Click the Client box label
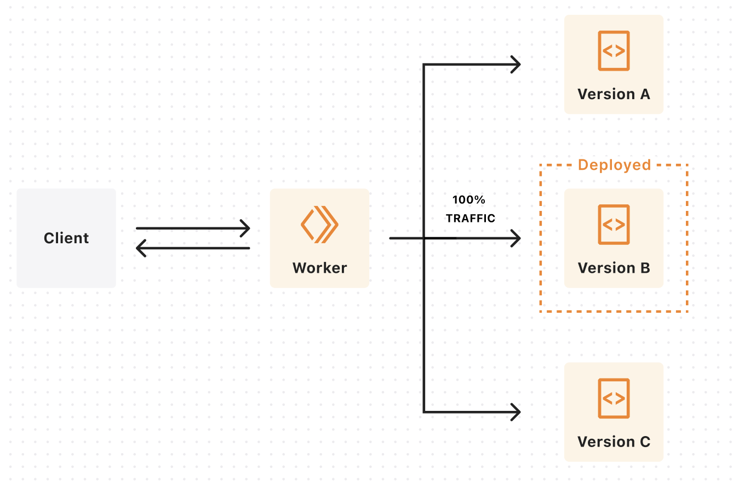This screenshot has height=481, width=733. (66, 238)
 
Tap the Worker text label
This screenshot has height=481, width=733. (319, 268)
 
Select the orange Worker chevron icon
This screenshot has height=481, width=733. (319, 224)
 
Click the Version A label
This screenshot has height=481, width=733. (614, 94)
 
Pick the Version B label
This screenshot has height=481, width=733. (614, 268)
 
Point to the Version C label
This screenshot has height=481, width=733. (614, 442)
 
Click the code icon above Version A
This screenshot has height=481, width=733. (614, 51)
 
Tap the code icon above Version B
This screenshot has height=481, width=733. (614, 225)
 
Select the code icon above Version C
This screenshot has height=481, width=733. (614, 398)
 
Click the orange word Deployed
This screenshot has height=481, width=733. (614, 165)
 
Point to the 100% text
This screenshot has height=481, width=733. (469, 200)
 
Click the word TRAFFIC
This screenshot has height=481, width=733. (471, 219)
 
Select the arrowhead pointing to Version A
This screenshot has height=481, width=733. (516, 65)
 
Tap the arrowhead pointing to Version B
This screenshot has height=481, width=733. (516, 238)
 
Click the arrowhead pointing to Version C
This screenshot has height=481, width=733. (516, 412)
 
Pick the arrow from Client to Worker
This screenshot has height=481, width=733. (192, 228)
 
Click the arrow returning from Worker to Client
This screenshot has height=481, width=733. (194, 249)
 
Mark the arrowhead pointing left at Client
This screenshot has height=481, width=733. (141, 249)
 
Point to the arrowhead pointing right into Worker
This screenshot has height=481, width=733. (245, 228)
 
